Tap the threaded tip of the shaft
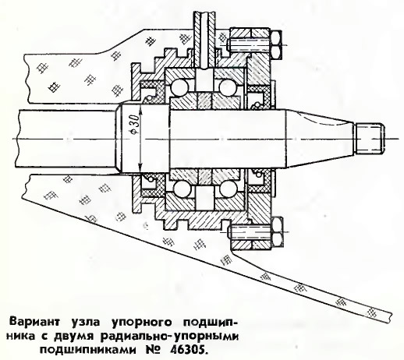(x=369, y=139)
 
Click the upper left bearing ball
(x=179, y=87)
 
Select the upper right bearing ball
(x=229, y=87)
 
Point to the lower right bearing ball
(x=228, y=189)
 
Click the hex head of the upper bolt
(x=277, y=45)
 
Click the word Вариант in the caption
(x=34, y=322)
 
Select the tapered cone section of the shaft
(x=320, y=139)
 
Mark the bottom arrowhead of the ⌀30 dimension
(x=140, y=166)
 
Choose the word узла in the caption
(x=85, y=323)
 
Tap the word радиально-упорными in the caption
(x=168, y=337)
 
